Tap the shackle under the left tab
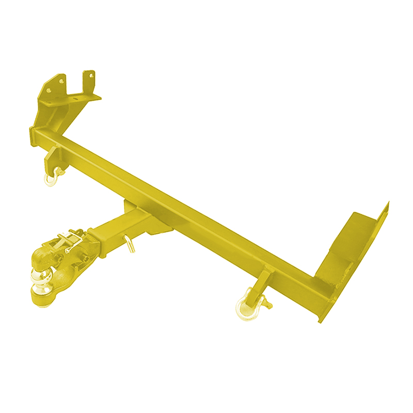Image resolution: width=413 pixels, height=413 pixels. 51,179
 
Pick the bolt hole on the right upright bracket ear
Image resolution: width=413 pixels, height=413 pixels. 91,75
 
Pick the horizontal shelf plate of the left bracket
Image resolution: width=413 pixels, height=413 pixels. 77,97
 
